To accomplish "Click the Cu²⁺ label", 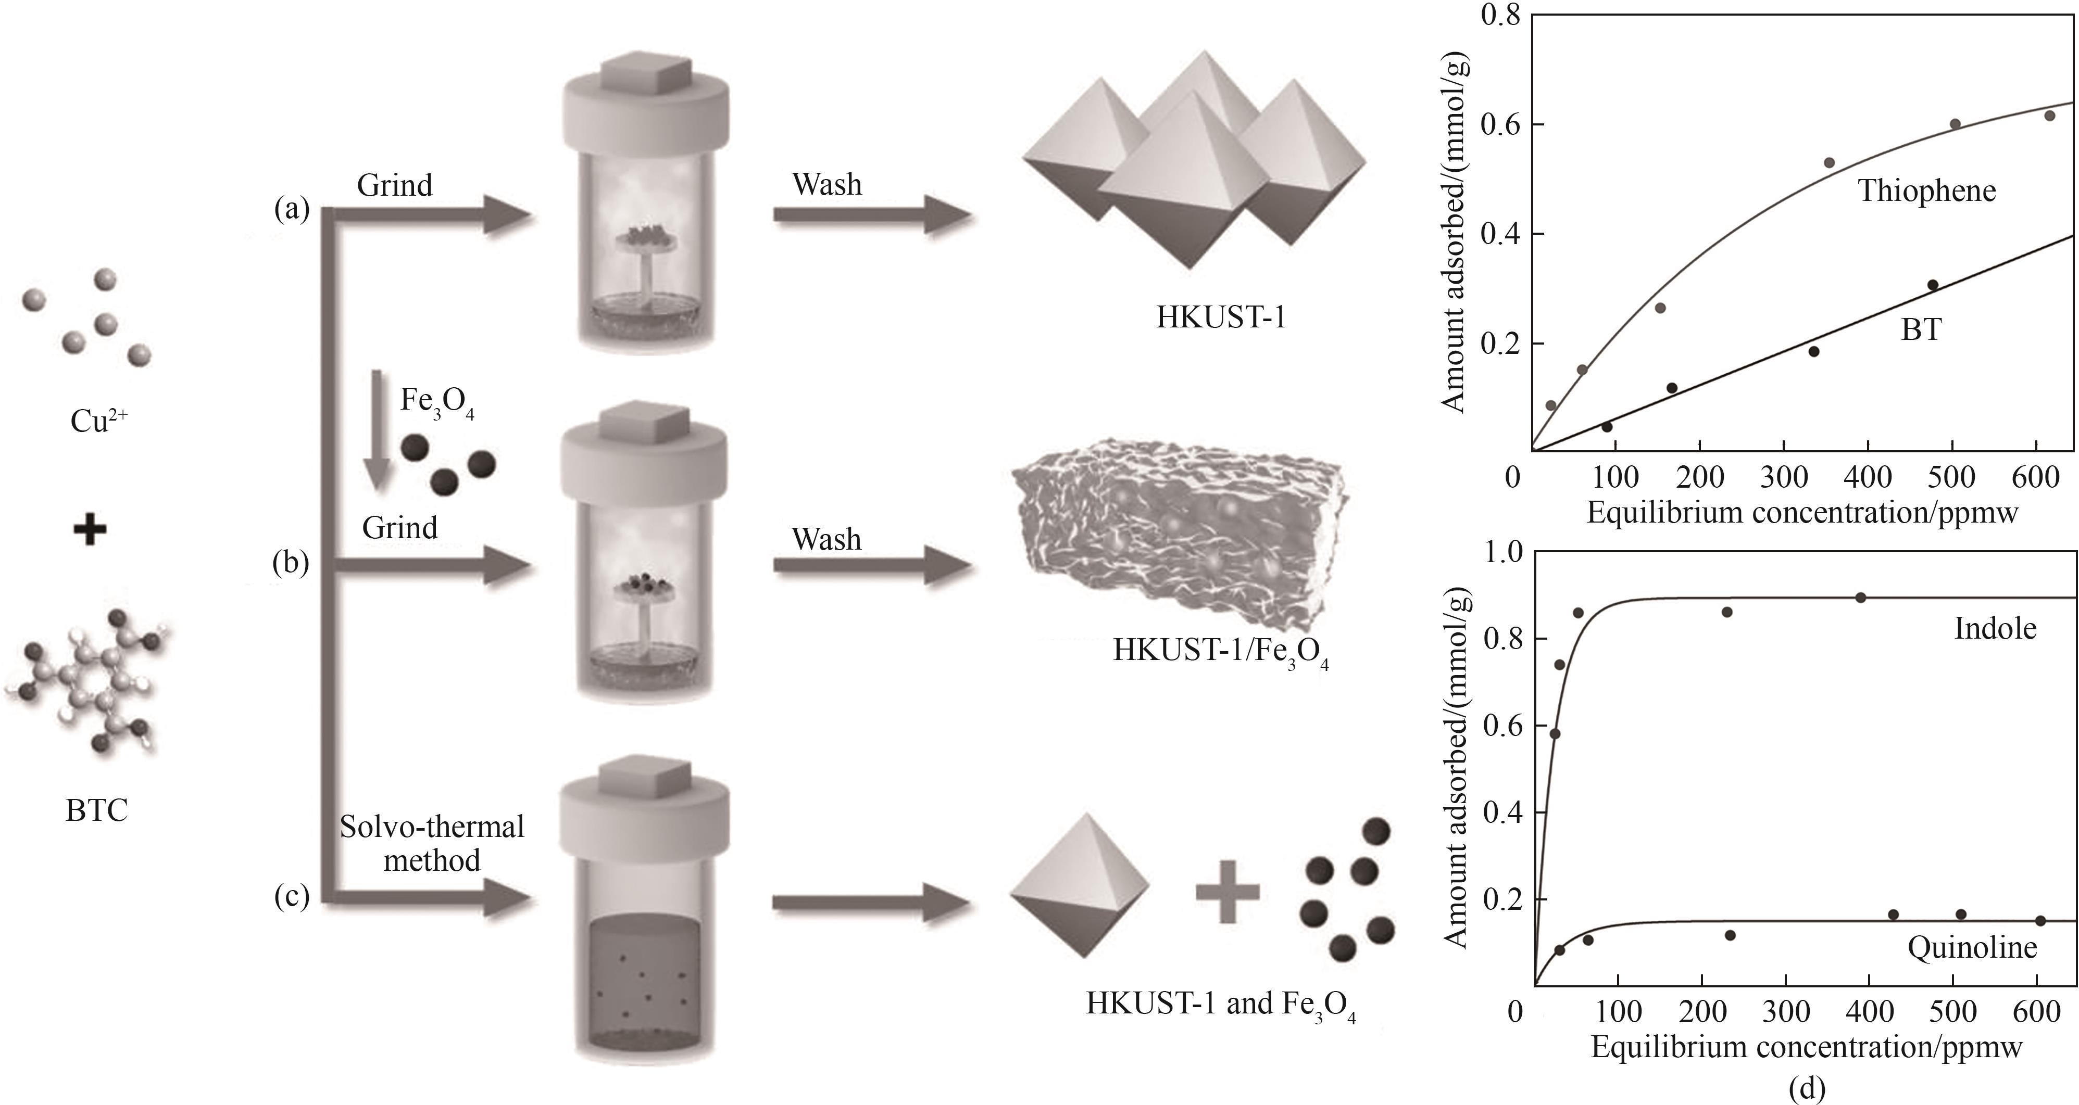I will pos(98,420).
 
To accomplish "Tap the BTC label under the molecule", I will pos(97,810).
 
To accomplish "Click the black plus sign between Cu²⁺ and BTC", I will pos(90,531).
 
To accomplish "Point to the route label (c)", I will pos(291,896).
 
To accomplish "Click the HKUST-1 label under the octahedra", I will pos(1220,317).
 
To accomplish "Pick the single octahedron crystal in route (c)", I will pos(1079,885).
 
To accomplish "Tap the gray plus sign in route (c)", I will pos(1227,891).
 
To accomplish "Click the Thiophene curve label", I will pos(1926,191).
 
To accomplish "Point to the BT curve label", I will pos(1921,330).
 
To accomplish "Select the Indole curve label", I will pos(1995,628).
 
